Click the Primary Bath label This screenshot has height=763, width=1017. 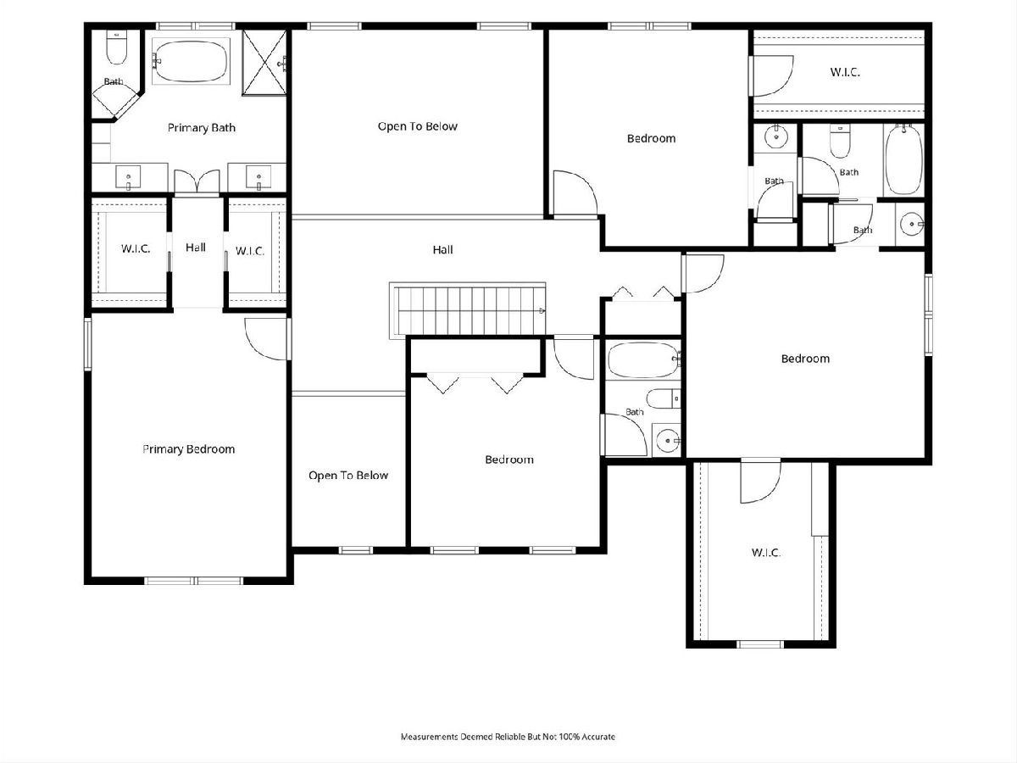tap(201, 128)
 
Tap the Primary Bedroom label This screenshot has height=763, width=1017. tap(189, 449)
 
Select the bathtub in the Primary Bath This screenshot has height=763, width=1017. tap(191, 61)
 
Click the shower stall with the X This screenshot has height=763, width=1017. tap(264, 63)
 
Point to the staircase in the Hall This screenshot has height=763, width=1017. tap(468, 309)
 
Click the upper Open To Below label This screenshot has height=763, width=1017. tap(418, 126)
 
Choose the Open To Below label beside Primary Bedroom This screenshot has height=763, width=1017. tap(348, 476)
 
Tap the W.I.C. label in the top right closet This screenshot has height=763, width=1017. tap(845, 72)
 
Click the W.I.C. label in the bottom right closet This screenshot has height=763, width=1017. tap(766, 553)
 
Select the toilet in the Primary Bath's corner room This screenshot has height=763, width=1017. tap(116, 47)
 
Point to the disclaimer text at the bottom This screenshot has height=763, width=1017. tap(508, 736)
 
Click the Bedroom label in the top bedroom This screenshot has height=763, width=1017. tap(651, 138)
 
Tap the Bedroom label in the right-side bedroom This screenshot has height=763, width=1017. tap(805, 359)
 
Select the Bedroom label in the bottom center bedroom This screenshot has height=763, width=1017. tap(509, 459)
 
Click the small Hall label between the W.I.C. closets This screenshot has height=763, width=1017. tap(196, 248)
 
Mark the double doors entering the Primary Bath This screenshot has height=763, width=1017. tap(197, 181)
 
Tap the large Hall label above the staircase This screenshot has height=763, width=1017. tap(442, 250)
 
